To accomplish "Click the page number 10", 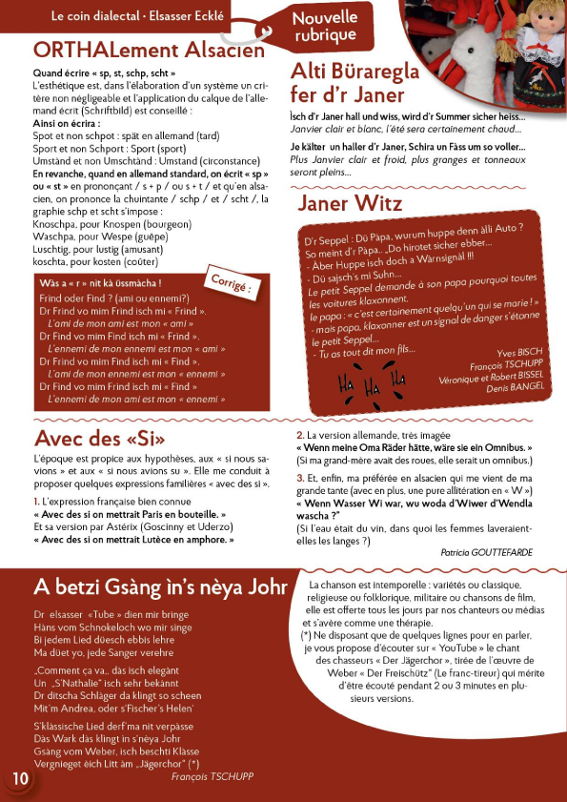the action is click(x=19, y=777).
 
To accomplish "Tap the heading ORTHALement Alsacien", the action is click(x=147, y=50).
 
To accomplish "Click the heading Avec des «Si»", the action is click(x=100, y=439).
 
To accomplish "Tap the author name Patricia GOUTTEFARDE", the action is click(x=487, y=552).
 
